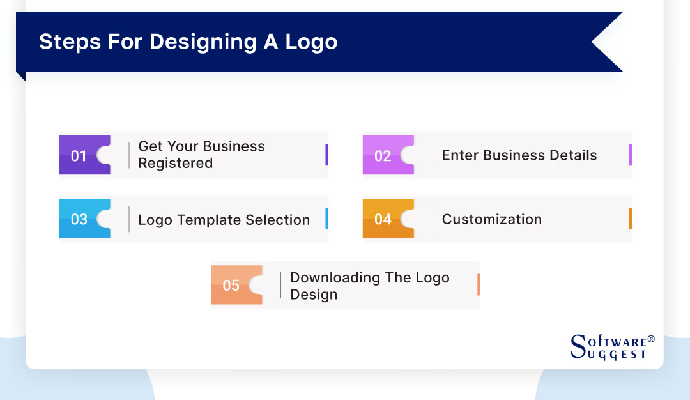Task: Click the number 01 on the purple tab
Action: coord(79,156)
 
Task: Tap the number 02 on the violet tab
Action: coord(383,156)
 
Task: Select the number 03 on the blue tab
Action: coord(79,220)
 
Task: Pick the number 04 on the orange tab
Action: coord(383,220)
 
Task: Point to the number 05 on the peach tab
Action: coord(231,286)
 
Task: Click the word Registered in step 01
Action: coord(175,164)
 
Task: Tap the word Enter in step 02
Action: coord(460,155)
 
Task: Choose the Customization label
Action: coord(491,219)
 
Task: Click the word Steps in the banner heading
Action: coord(66,42)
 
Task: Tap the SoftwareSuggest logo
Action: coord(611,347)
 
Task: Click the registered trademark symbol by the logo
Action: coord(651,339)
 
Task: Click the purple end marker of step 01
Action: coord(326,155)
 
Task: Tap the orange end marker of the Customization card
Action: coord(631,219)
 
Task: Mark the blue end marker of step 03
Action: coord(326,219)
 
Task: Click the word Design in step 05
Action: coord(314,295)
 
